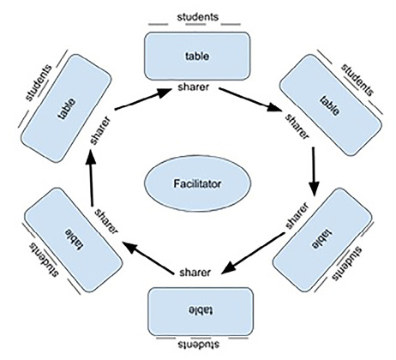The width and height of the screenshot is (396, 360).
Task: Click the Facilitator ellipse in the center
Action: point(196,183)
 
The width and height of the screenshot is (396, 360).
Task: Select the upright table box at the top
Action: point(197,56)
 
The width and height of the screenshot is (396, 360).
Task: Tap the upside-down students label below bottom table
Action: point(198,348)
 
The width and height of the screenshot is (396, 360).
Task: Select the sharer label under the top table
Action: point(196,87)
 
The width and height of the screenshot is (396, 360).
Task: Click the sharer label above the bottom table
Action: point(196,273)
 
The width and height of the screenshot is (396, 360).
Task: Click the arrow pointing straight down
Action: point(315,170)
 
